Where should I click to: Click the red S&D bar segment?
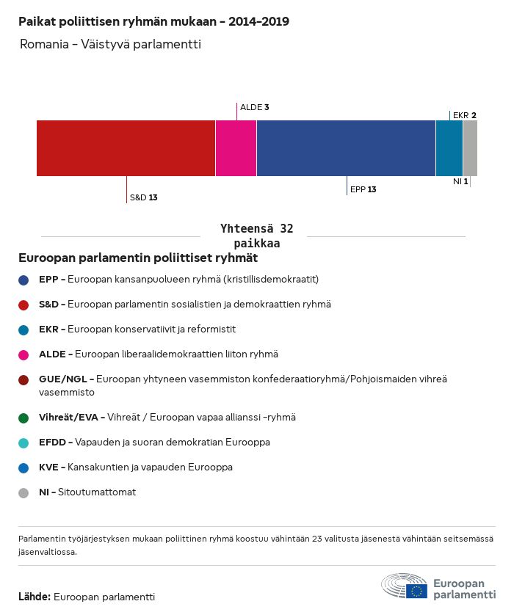coord(126,148)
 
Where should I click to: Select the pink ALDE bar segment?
coord(236,148)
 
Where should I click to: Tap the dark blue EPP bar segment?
coord(346,148)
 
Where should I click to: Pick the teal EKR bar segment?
coord(449,148)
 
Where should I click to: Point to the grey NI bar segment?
coord(470,148)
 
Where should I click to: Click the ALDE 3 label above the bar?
coord(254,107)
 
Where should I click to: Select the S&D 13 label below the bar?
coord(143,197)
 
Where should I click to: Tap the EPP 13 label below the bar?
coord(363,189)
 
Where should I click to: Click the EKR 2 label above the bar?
coord(465,115)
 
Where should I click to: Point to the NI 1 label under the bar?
coord(460,181)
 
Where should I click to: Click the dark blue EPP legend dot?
coord(24,280)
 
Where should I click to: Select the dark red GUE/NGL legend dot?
coord(24,379)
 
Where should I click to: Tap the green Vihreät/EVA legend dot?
coord(24,418)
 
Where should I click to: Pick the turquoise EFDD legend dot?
coord(24,443)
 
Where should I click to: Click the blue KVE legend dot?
coord(24,467)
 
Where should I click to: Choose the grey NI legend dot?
coord(24,492)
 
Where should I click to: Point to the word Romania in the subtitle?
coord(41,45)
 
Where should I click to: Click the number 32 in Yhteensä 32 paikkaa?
coord(286,229)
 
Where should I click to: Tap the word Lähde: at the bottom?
coord(34,597)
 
